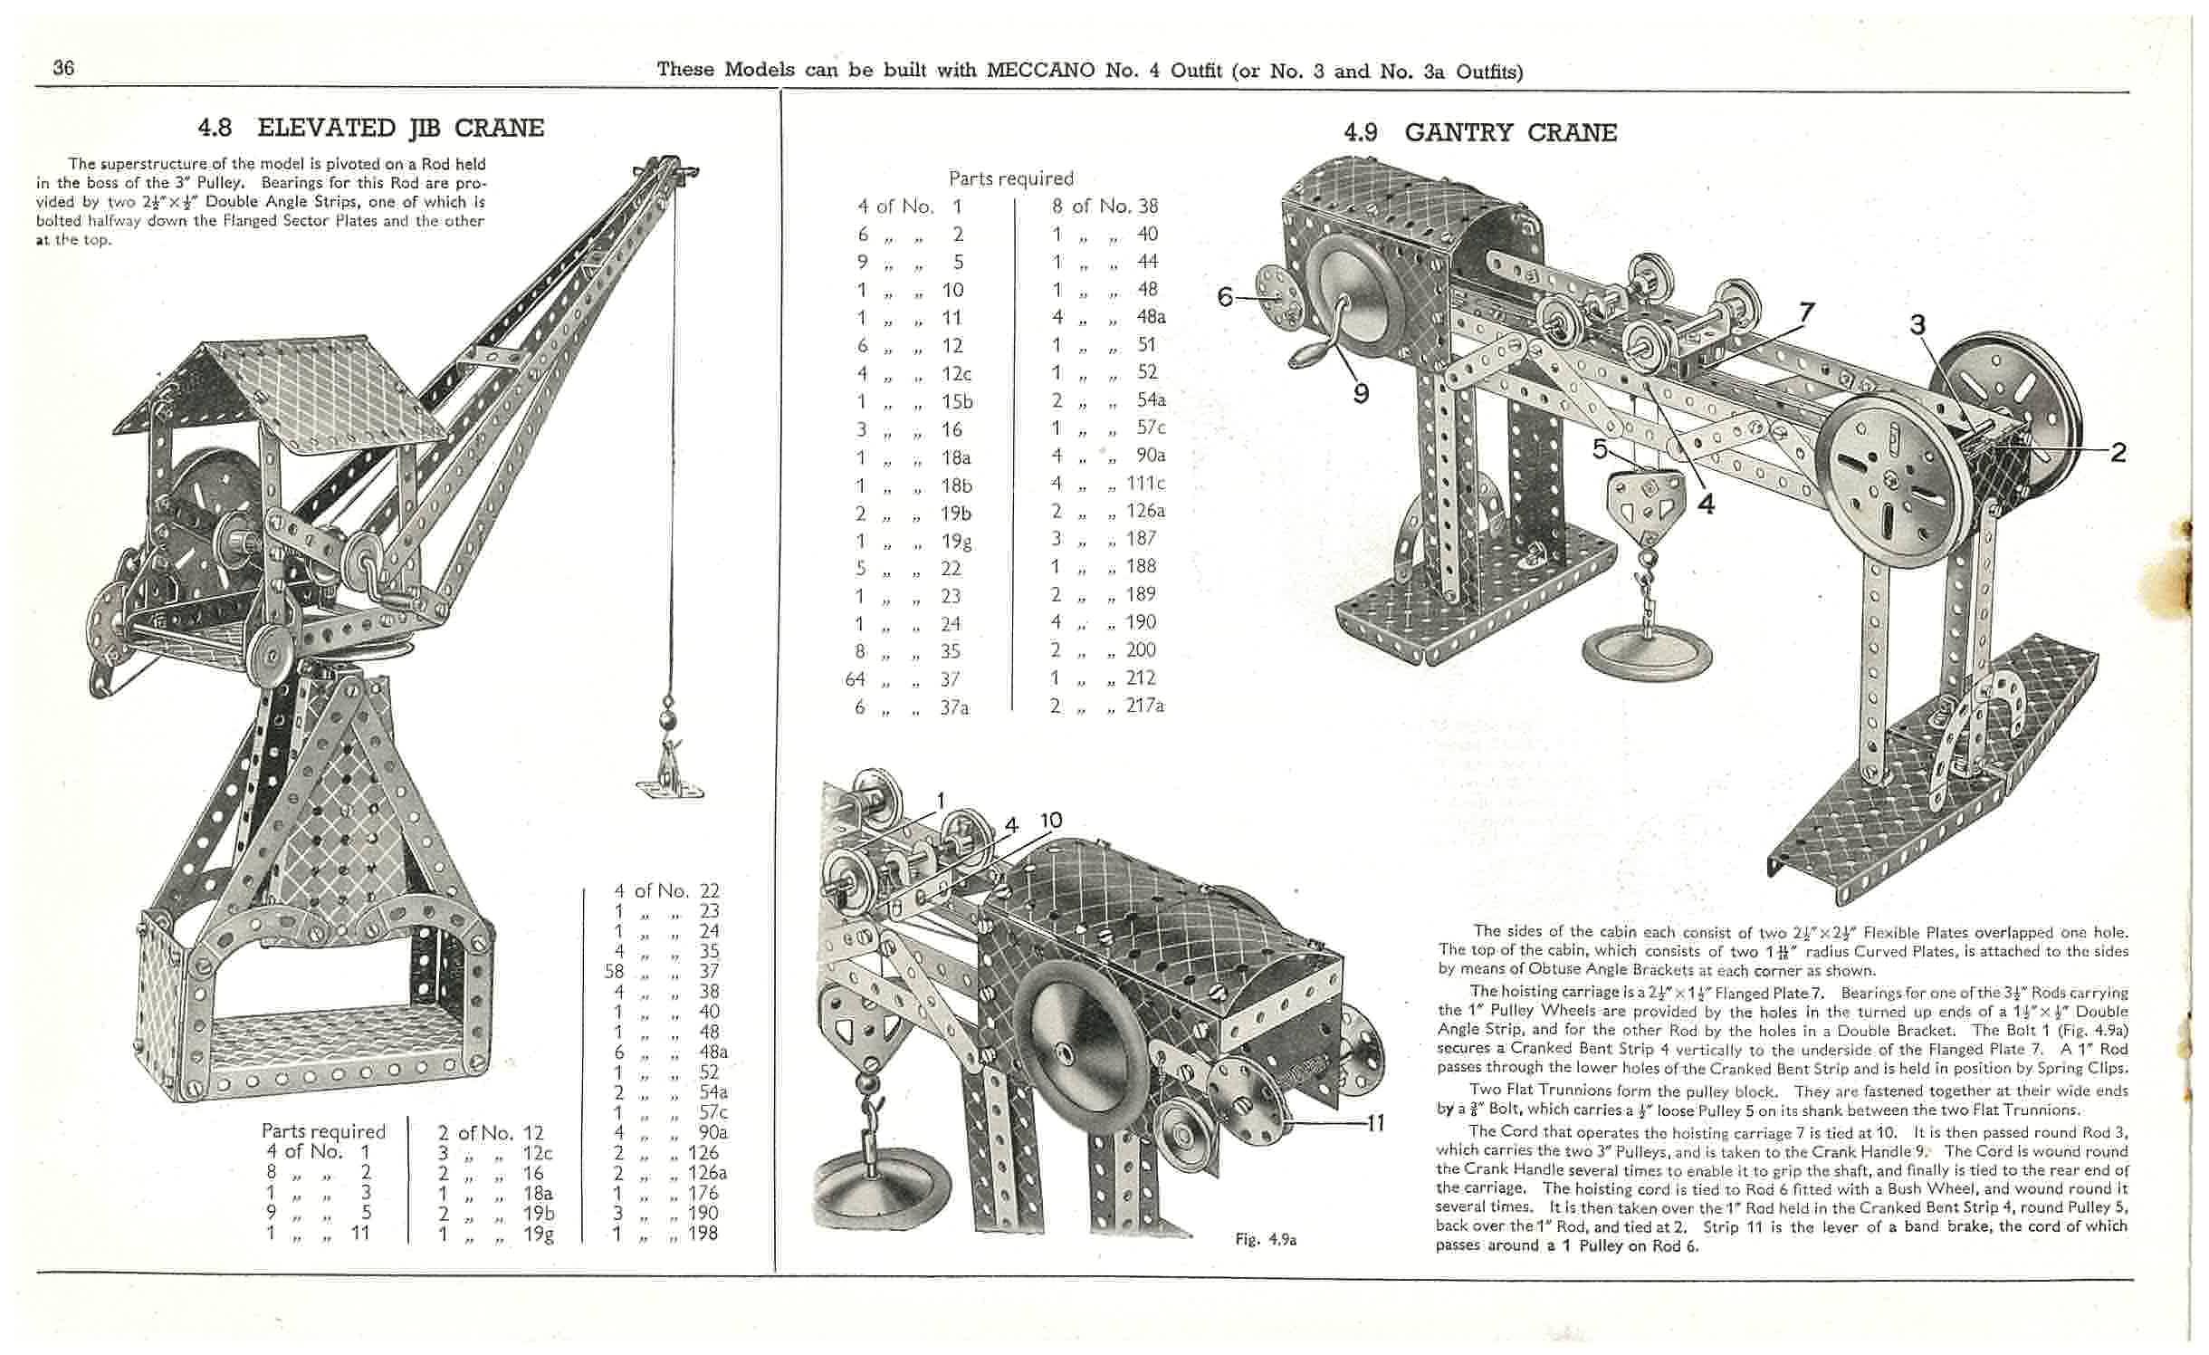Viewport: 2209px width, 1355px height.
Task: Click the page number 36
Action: coord(63,68)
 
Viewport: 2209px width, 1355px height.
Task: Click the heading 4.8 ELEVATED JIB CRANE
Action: coord(371,128)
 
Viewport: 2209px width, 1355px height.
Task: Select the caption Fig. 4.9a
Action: coord(1266,1240)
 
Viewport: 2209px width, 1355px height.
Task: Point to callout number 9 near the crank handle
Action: coord(1361,394)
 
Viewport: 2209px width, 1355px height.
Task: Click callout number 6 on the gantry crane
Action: coord(1225,296)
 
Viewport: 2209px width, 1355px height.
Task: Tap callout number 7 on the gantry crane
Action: coord(1805,312)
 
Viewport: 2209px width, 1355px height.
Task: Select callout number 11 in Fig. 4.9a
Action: coord(1375,1124)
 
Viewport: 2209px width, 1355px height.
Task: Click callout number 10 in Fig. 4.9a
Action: coord(1050,821)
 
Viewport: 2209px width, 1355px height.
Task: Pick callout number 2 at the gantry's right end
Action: coord(2118,452)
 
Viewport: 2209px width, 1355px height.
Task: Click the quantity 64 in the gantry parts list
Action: coord(856,679)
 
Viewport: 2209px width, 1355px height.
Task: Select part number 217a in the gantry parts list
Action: coord(1144,705)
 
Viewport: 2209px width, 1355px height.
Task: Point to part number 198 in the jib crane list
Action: coord(703,1233)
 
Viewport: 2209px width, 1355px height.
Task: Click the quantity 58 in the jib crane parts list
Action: coord(615,972)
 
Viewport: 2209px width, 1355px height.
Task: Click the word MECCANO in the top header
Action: coord(1041,70)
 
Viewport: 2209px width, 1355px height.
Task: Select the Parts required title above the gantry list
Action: coord(1010,178)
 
